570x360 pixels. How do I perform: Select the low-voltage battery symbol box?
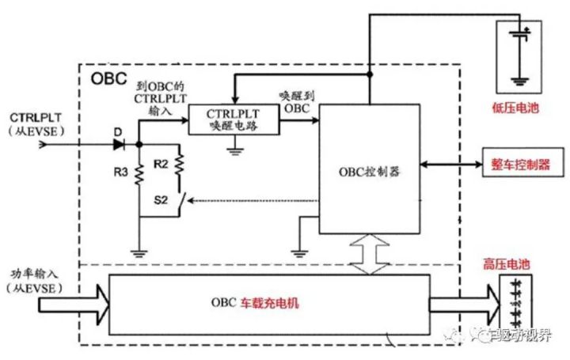point(520,55)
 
